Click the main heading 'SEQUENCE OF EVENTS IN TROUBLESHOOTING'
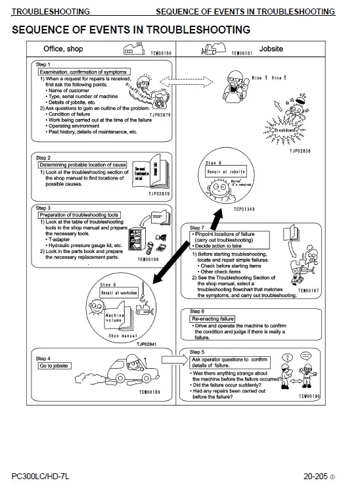[x=131, y=30]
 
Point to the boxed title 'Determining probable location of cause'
[x=83, y=164]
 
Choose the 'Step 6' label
[x=197, y=311]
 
